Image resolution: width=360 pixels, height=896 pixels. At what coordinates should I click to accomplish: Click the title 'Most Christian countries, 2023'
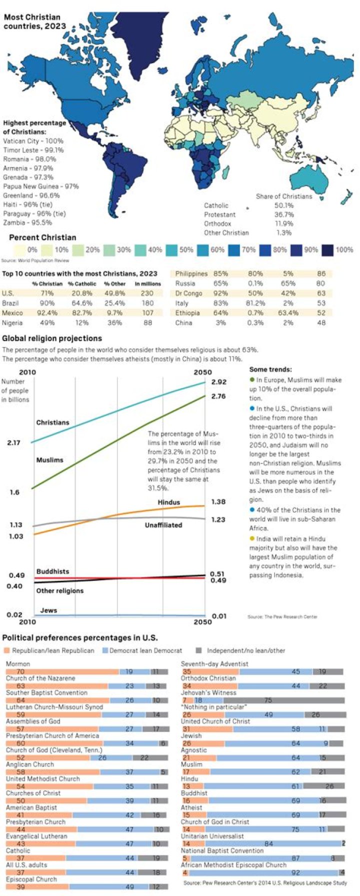coord(35,21)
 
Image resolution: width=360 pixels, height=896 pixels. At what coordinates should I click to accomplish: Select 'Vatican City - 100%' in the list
coord(33,141)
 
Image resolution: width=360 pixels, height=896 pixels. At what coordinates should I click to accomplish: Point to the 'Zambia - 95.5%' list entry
coord(27,222)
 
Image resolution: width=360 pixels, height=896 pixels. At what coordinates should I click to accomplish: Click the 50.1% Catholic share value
coord(284,205)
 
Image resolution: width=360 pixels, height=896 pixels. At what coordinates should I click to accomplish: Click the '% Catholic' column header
coord(82,284)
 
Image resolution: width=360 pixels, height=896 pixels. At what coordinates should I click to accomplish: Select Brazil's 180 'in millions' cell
coord(147,303)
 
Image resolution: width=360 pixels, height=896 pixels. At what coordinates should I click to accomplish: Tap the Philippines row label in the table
coord(191,274)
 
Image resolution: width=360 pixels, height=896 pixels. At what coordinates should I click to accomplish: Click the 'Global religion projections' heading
coord(52,338)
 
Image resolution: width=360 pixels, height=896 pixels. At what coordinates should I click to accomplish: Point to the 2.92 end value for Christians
coord(218,382)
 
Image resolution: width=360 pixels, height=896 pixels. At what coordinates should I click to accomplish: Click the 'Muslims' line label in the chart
coord(49,460)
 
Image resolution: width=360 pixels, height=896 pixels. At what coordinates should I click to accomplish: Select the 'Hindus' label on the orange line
coord(168,502)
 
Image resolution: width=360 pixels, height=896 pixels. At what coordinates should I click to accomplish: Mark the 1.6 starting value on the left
coord(13,492)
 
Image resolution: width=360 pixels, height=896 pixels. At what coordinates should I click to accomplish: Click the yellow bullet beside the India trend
coord(252,539)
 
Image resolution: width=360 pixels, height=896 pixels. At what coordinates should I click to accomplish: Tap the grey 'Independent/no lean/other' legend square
coord(198,650)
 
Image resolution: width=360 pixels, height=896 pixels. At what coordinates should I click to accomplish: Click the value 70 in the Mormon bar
coord(20,672)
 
